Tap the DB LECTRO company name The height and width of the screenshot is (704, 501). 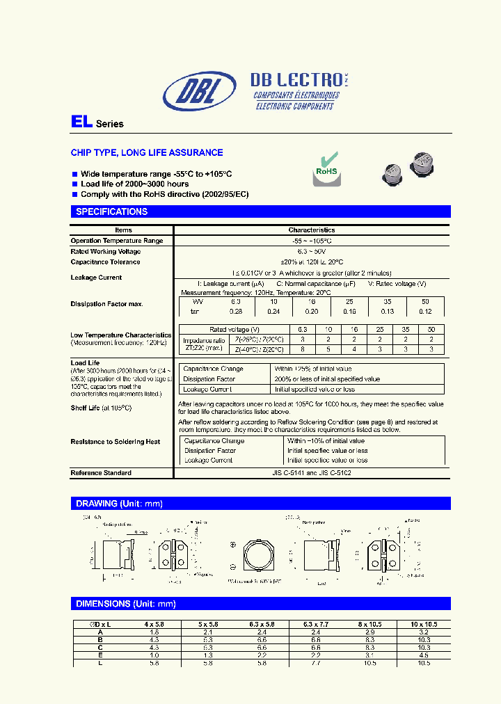click(x=296, y=80)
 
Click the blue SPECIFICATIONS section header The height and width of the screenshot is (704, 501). click(x=111, y=211)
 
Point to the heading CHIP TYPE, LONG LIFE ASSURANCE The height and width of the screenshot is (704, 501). click(x=147, y=152)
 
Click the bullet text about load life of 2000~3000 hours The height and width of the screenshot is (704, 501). click(x=134, y=184)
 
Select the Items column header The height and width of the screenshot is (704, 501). click(x=123, y=230)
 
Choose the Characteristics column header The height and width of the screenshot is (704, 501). click(x=312, y=230)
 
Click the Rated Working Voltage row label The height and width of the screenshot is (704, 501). click(x=106, y=251)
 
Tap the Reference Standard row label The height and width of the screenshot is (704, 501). click(x=101, y=473)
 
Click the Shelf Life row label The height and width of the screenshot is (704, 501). click(x=101, y=408)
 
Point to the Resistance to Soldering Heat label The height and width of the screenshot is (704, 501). click(x=116, y=442)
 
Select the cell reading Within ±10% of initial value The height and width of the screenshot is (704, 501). click(x=326, y=441)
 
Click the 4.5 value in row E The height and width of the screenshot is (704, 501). click(x=424, y=655)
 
